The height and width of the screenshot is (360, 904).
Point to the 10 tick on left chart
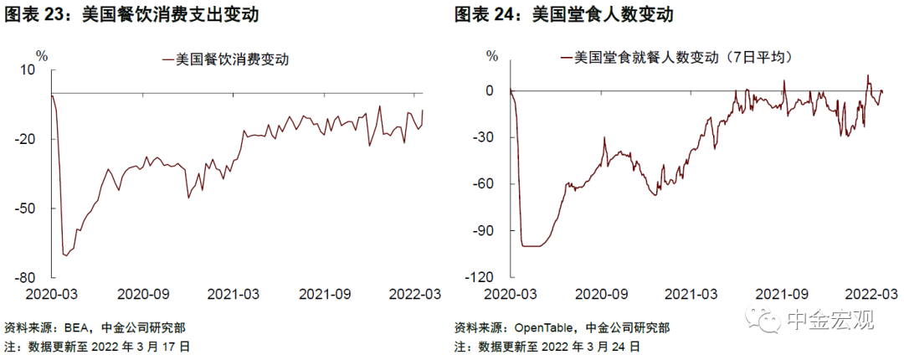click(43, 69)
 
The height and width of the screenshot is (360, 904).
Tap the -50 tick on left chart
click(39, 208)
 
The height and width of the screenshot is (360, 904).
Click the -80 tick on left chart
click(39, 278)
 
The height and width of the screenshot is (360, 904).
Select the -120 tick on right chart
click(487, 277)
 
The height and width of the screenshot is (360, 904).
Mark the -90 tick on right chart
click(491, 231)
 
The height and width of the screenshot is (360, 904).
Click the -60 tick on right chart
click(491, 184)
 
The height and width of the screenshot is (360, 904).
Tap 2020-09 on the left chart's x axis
click(144, 294)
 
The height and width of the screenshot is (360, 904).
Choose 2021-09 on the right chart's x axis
click(781, 294)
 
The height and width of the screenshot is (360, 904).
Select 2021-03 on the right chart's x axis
click(690, 294)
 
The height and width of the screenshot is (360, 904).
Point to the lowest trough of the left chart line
click(66, 255)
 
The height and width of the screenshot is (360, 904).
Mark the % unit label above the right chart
click(492, 55)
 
